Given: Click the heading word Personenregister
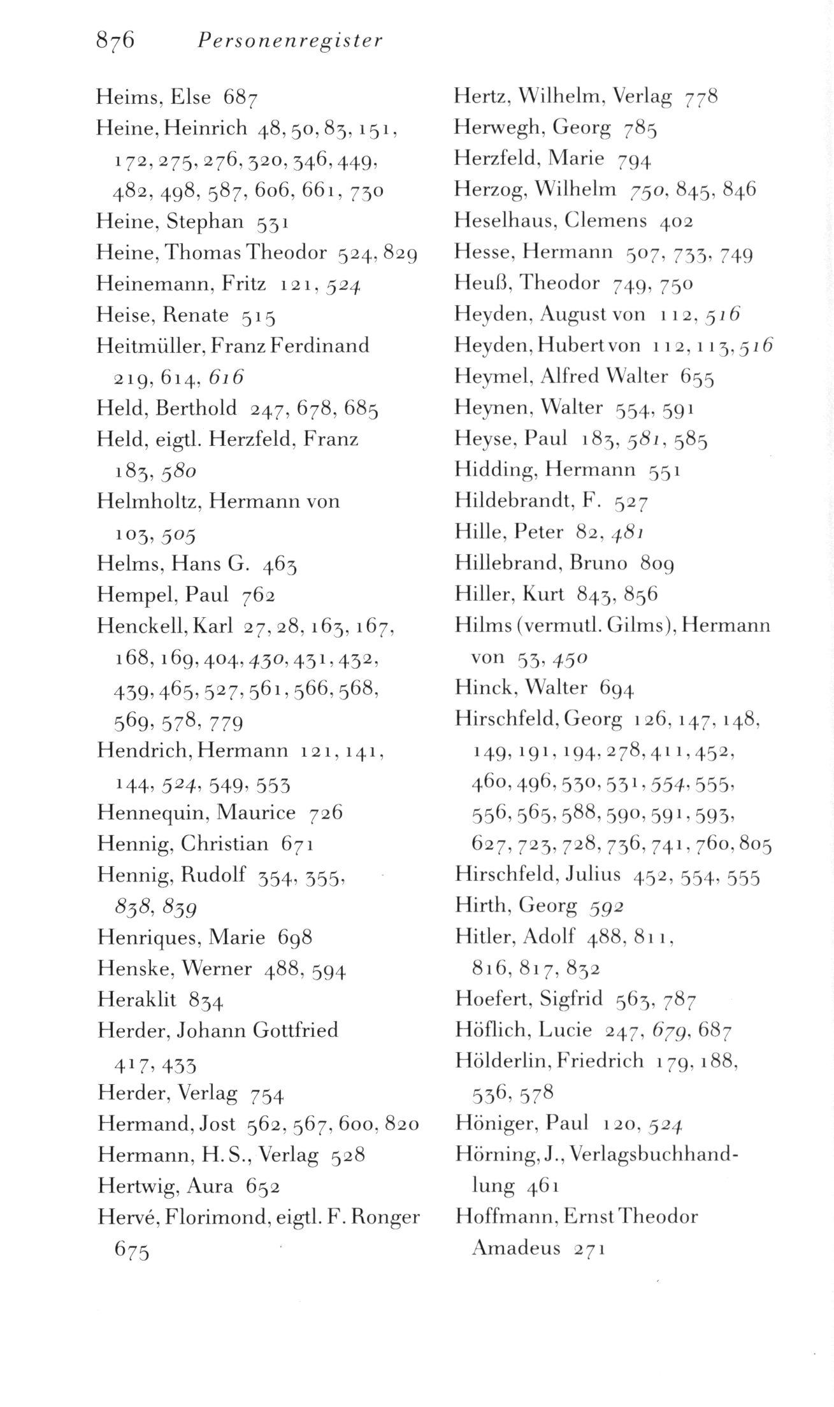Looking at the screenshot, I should point(289,41).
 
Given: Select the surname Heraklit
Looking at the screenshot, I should point(136,999).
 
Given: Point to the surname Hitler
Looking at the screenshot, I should point(482,937).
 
